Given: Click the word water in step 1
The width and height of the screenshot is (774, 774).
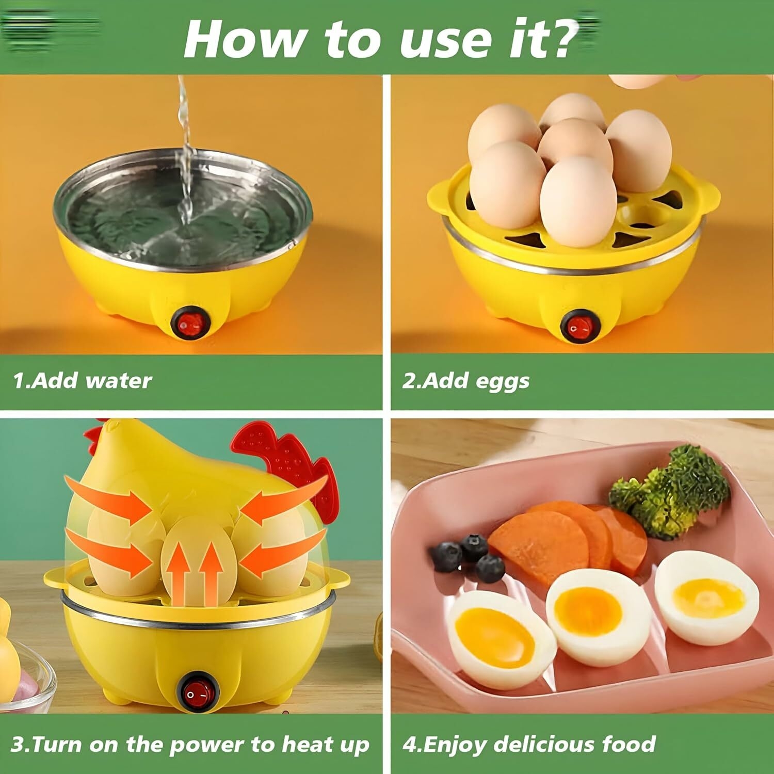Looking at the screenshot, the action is click(118, 381).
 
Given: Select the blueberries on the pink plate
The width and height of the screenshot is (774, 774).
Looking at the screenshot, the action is click(467, 557).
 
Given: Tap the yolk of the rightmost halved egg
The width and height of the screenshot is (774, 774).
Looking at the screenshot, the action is click(709, 599).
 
